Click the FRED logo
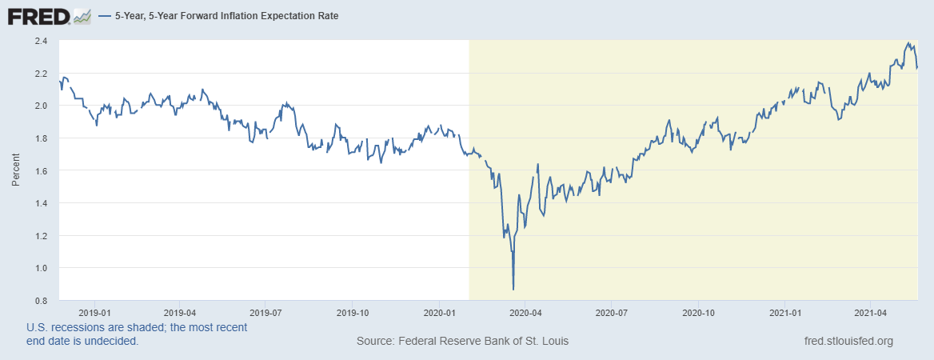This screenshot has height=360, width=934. [38, 15]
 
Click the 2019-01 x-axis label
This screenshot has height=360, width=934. [94, 312]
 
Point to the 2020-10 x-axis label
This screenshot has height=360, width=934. [698, 312]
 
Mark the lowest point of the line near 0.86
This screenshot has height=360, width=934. [513, 289]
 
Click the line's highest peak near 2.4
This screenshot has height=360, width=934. [908, 43]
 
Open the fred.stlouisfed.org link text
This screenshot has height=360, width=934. [848, 342]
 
